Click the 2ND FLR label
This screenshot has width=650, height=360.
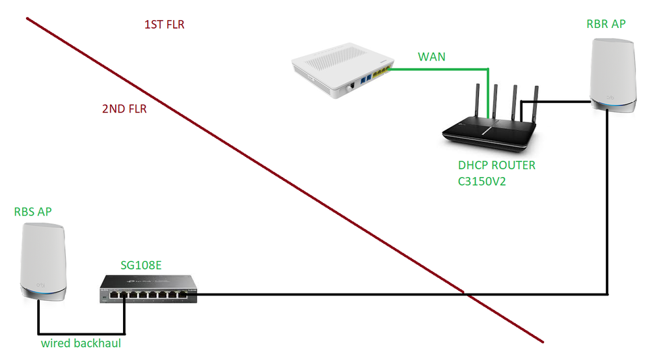click(x=124, y=109)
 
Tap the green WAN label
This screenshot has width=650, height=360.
click(x=431, y=57)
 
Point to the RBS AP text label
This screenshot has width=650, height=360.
click(x=33, y=212)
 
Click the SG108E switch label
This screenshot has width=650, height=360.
click(x=141, y=265)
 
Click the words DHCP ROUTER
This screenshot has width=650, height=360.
click(x=496, y=166)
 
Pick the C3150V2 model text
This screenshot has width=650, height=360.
click(x=482, y=182)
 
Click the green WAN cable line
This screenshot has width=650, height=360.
click(x=442, y=67)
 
